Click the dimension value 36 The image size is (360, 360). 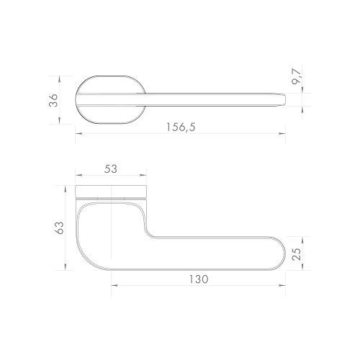point(53,99)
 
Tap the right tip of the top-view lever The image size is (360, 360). point(284,99)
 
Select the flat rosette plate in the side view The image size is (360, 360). point(112,191)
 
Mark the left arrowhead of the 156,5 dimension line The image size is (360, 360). point(76,133)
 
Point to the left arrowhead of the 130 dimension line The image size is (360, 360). point(114,286)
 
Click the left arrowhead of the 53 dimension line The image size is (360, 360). point(76,176)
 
